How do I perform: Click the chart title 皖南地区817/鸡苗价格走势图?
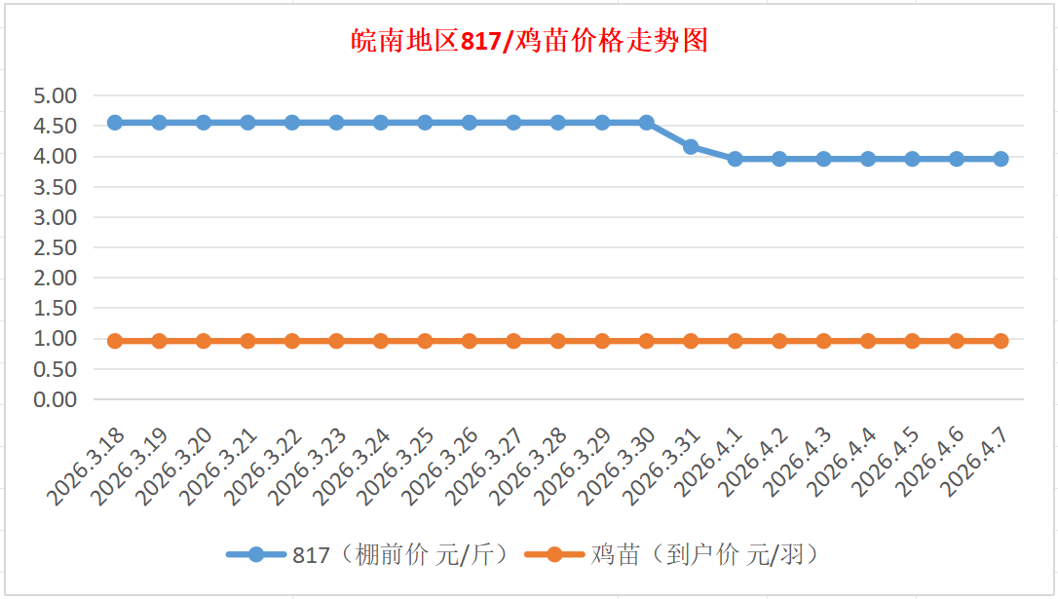529,41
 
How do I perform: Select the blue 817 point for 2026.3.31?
691,147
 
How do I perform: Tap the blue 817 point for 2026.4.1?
735,159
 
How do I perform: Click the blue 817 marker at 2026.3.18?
115,123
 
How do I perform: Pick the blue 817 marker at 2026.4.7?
1001,159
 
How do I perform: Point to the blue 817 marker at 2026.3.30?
646,123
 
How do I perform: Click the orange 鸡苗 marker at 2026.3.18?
115,341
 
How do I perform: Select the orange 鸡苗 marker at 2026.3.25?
425,341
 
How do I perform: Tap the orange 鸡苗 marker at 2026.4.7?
1001,341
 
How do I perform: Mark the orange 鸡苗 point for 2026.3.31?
691,341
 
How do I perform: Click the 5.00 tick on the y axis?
55,95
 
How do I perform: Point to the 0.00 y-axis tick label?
55,399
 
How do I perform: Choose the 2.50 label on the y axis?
55,247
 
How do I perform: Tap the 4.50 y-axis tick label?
55,126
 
